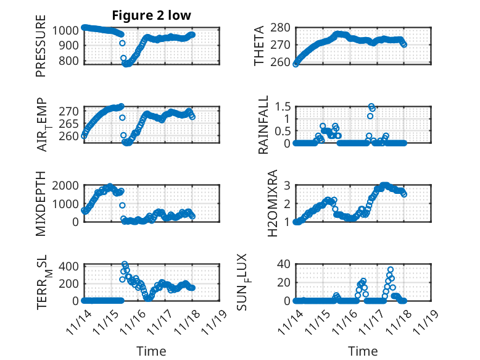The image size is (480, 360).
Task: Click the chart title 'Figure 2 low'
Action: (x=151, y=15)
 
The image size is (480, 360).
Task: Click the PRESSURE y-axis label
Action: (x=41, y=49)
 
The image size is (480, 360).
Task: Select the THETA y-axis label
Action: (x=260, y=46)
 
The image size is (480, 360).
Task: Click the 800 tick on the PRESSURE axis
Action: (x=70, y=61)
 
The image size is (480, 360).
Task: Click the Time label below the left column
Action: (x=151, y=351)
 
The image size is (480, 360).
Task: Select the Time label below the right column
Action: (x=363, y=351)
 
